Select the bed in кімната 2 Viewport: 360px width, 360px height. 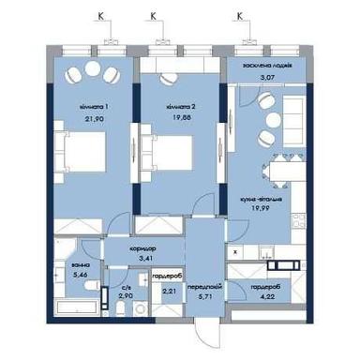point(172,157)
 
